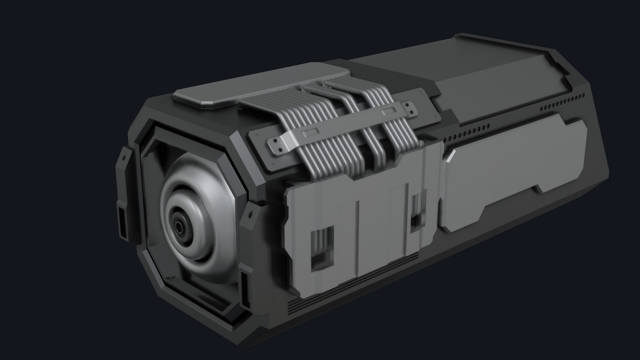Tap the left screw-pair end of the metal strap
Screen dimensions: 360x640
coord(276,145)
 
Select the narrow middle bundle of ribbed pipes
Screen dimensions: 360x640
coord(347,110)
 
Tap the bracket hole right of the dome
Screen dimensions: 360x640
coord(249,213)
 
